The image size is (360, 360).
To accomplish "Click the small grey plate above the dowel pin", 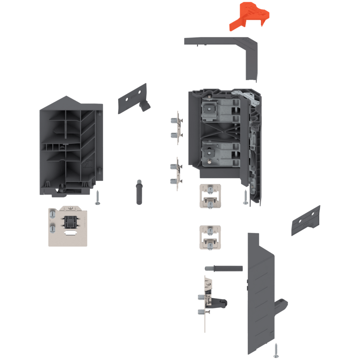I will point(133,99).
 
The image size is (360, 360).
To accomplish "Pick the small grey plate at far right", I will point(306,220).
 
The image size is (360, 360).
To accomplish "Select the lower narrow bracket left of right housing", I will point(176,173).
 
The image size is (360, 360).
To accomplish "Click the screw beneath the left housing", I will point(97,197).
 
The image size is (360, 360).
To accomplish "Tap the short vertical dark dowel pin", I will point(139,191).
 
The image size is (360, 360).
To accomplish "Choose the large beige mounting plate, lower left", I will point(68,227).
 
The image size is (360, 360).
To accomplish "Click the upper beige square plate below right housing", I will point(210,196).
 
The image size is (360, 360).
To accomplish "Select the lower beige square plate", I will point(210,238).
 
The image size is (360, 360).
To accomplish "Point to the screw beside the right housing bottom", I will point(245,198).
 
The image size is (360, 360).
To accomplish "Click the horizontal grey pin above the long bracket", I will point(224,268).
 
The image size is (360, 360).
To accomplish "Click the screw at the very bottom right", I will point(276,350).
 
